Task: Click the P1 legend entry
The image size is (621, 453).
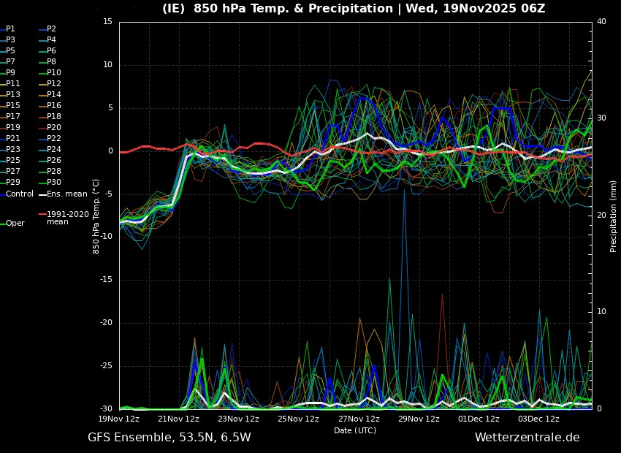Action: point(10,29)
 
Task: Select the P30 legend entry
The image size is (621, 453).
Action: point(54,183)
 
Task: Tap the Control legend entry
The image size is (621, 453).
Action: point(20,194)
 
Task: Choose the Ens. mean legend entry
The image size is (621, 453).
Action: point(66,194)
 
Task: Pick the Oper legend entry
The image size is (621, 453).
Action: point(15,224)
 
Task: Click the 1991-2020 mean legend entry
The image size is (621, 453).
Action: point(67,218)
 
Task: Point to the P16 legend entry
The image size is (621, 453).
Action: point(54,106)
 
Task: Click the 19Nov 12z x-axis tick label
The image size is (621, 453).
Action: point(119,419)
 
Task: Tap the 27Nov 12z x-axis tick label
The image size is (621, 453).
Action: point(359,419)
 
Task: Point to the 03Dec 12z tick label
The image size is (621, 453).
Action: point(538,419)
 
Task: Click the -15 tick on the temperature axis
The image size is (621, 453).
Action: point(107,280)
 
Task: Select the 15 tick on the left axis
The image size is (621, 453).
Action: point(107,22)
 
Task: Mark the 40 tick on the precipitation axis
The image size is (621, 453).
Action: point(601,22)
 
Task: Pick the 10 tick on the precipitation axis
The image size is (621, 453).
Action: point(601,312)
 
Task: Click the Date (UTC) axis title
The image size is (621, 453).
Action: point(355,431)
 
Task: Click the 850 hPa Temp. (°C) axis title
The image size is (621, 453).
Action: point(96,216)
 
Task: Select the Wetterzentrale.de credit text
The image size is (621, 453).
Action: point(527,438)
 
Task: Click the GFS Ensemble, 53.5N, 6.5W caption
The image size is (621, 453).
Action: point(169,438)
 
